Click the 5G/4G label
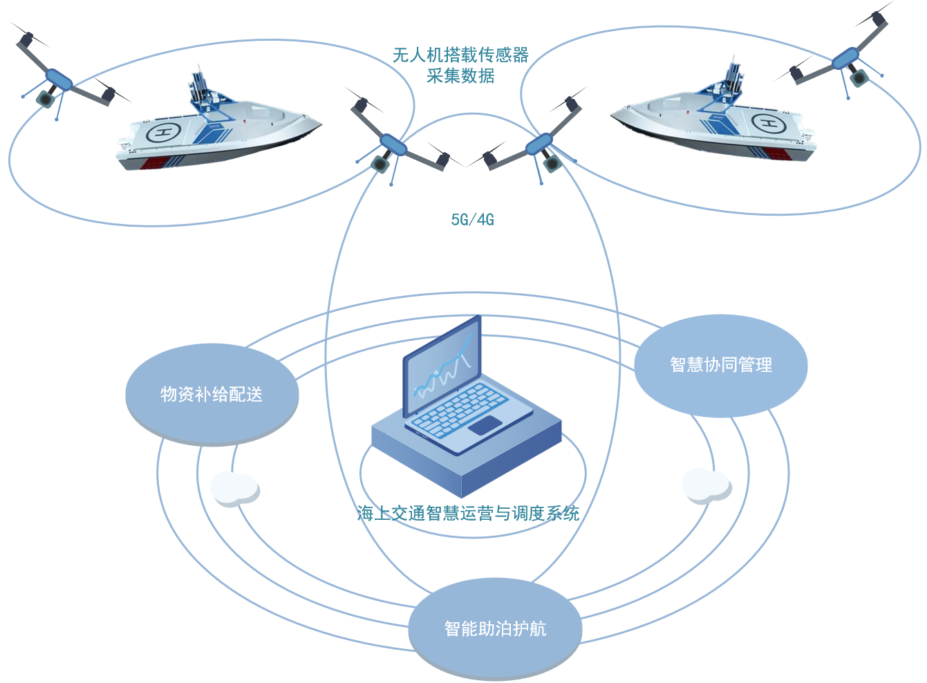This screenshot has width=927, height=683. click(x=472, y=220)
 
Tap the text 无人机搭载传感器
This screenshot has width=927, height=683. click(x=460, y=55)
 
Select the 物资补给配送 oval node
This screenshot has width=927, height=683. click(x=212, y=394)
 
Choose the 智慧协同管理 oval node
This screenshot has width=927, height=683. click(x=720, y=365)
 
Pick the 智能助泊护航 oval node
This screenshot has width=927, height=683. click(x=495, y=628)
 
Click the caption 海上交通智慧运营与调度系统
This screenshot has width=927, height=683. click(x=468, y=513)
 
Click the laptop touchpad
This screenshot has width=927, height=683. click(x=485, y=425)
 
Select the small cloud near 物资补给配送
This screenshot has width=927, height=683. click(x=235, y=488)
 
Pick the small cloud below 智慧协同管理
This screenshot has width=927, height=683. click(x=706, y=485)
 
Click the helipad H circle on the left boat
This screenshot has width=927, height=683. click(x=164, y=131)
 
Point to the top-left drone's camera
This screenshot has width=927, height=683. click(x=46, y=98)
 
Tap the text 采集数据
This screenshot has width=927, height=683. click(x=460, y=76)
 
